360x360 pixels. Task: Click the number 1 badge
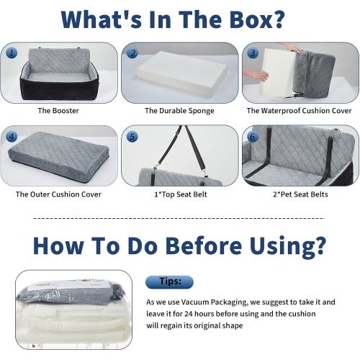click(x=12, y=53)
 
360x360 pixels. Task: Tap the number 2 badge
click(x=132, y=53)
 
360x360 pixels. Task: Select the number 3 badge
click(x=253, y=53)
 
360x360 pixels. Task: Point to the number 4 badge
click(x=12, y=137)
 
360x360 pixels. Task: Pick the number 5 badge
click(x=132, y=137)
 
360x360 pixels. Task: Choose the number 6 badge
click(x=253, y=137)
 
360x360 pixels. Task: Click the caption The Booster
click(x=58, y=111)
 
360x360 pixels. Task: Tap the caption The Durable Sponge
click(x=179, y=111)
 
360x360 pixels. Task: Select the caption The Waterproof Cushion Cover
click(x=300, y=111)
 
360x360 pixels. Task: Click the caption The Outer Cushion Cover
click(x=58, y=194)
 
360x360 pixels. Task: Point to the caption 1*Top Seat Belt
click(x=181, y=194)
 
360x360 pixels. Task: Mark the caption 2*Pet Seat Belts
click(x=300, y=194)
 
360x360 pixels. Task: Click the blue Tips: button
click(x=169, y=282)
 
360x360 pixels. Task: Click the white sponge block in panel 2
click(x=181, y=72)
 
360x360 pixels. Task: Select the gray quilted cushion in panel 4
click(x=59, y=156)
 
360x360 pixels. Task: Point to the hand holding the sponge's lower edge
click(x=257, y=75)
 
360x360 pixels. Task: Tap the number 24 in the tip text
click(x=189, y=314)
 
